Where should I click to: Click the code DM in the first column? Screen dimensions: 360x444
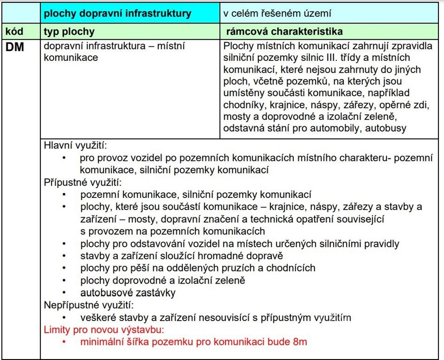15,47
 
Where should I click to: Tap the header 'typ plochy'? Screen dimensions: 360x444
69,32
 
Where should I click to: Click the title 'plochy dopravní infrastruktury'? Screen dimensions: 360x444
118,13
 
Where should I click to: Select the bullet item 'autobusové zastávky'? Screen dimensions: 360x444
128,293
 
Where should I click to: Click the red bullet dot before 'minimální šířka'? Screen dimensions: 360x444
64,342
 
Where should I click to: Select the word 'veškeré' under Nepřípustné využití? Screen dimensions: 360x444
96,318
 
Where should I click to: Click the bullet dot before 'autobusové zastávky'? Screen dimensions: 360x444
64,293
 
